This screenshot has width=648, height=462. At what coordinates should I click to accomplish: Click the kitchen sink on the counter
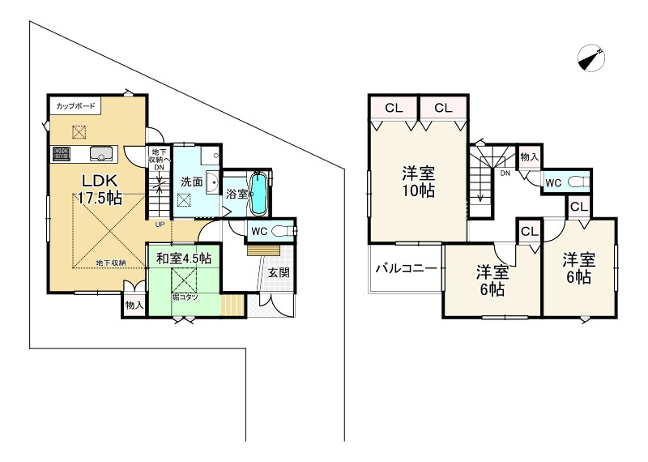104,152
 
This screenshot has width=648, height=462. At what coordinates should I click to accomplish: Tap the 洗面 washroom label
191,181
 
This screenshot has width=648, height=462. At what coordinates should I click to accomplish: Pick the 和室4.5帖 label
184,258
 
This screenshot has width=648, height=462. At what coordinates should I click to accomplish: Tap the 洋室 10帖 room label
419,182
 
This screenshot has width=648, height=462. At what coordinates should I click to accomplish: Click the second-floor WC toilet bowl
578,182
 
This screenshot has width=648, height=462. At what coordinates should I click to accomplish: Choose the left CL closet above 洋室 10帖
394,108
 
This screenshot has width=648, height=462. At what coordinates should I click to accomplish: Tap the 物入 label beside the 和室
134,305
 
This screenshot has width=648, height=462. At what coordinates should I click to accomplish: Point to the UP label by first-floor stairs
160,224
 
